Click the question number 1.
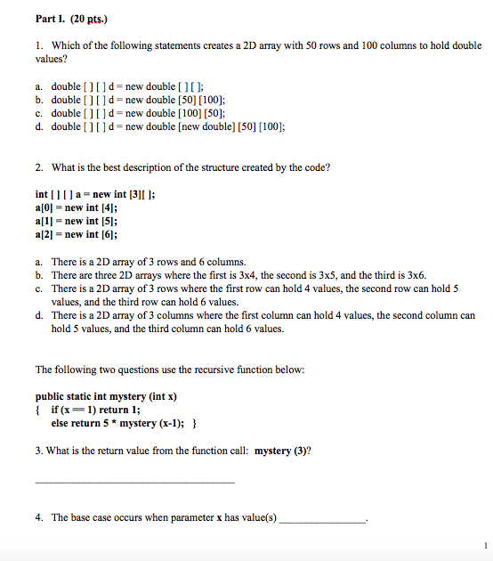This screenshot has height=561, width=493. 38,45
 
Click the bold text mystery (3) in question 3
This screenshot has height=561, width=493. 281,451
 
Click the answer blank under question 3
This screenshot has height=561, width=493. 134,481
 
